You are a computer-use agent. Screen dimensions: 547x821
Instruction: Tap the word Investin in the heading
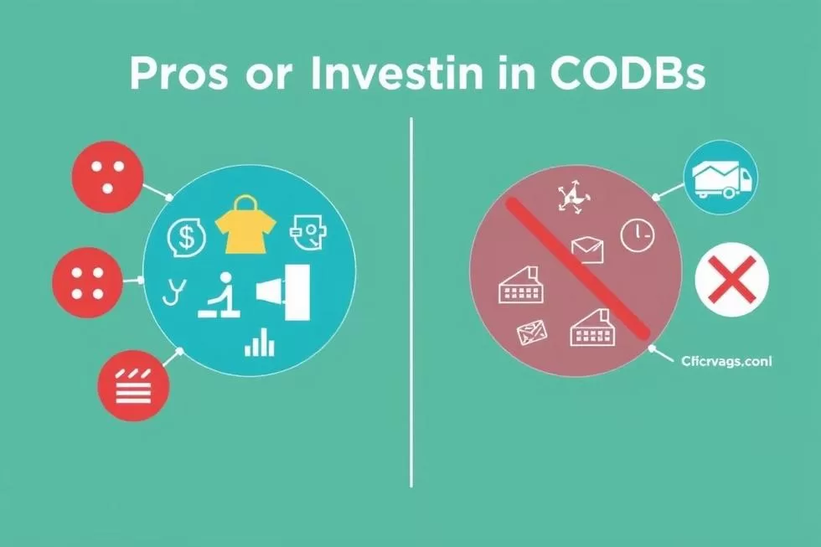398,75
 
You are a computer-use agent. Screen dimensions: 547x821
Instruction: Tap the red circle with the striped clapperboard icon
133,386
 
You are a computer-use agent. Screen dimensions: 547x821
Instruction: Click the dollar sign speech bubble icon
187,237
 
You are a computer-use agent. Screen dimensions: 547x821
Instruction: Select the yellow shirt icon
247,225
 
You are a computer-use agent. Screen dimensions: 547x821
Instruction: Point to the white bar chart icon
260,342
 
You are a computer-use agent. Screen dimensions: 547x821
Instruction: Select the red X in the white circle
731,280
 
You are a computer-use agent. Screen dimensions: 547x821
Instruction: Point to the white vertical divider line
411,302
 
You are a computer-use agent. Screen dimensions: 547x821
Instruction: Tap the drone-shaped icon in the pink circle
573,198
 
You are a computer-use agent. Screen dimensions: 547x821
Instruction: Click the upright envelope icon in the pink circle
587,247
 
